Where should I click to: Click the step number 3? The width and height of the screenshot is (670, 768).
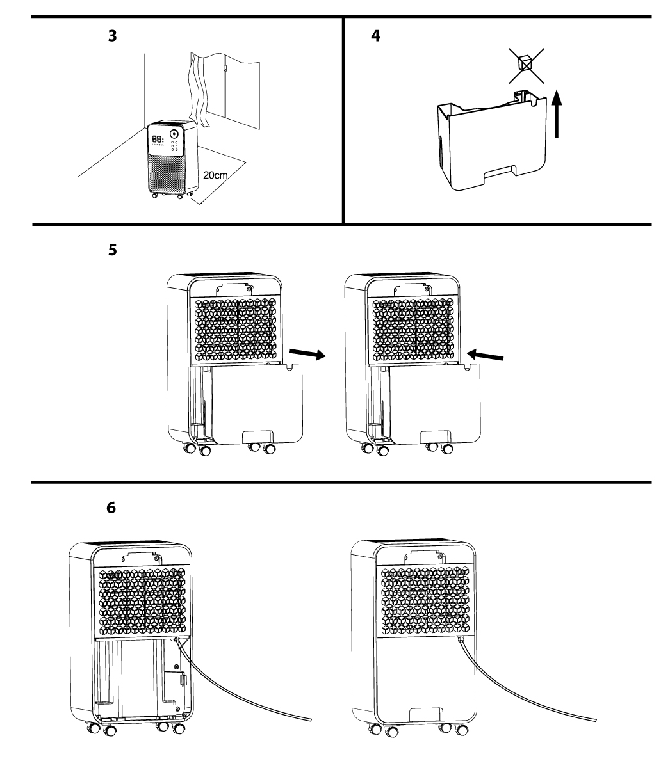[x=112, y=36]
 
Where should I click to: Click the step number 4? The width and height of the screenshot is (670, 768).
[x=375, y=36]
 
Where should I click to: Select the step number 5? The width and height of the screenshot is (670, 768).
[x=112, y=251]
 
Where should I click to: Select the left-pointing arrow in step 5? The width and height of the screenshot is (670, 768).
[x=489, y=354]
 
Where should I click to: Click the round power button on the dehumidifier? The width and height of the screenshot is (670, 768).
[x=174, y=135]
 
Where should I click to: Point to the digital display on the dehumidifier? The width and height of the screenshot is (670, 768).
[x=158, y=138]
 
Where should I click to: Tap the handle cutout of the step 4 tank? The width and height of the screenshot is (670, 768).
[x=500, y=171]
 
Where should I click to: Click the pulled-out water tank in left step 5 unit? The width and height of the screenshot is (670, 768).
[x=256, y=403]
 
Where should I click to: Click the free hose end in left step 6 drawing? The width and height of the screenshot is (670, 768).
[x=311, y=720]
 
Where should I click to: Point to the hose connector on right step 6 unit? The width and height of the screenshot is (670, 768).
[x=459, y=639]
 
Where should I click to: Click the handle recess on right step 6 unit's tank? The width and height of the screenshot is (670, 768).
[x=424, y=712]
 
